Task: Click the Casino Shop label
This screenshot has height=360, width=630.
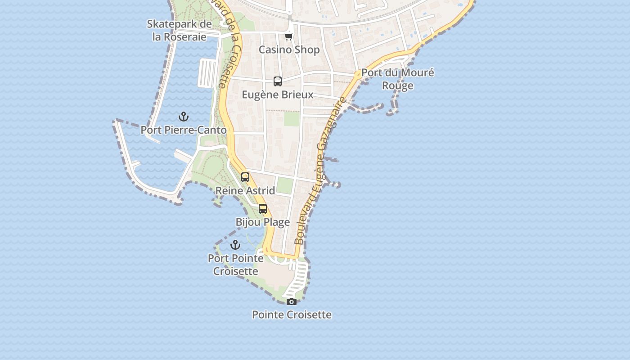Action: click(289, 49)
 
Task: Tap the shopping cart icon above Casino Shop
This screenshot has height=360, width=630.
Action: click(288, 36)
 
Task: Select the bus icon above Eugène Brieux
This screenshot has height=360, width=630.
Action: click(278, 81)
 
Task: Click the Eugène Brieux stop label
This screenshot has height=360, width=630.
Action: click(278, 95)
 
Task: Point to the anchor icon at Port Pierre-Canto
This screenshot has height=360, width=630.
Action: click(183, 117)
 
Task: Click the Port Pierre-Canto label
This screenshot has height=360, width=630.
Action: click(184, 130)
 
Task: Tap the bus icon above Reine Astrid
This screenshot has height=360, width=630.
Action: click(245, 177)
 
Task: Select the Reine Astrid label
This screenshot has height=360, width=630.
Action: click(245, 191)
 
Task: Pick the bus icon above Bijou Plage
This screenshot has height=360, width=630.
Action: click(263, 209)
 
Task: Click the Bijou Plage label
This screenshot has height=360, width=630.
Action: click(263, 222)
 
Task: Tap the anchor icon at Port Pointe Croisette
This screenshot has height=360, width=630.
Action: click(235, 245)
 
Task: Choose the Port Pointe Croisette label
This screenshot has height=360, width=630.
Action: click(235, 265)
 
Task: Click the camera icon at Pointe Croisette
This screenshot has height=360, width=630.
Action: click(292, 301)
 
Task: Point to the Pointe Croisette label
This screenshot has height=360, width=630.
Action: click(292, 315)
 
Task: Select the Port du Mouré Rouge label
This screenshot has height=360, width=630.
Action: click(398, 79)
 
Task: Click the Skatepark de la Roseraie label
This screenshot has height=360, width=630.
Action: click(179, 30)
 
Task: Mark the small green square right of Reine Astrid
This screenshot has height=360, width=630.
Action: click(284, 185)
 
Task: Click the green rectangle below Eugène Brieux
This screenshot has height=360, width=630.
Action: click(292, 119)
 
